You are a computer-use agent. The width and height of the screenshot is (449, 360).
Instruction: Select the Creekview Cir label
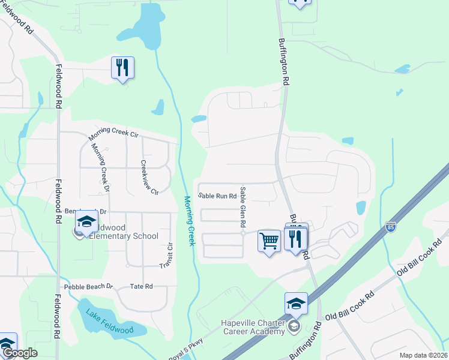click(x=149, y=177)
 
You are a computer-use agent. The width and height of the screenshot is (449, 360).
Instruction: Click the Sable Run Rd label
click(x=217, y=196)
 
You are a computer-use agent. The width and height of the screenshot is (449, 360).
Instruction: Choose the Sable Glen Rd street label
click(x=243, y=206)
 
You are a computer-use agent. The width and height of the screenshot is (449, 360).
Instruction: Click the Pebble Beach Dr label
click(x=92, y=287)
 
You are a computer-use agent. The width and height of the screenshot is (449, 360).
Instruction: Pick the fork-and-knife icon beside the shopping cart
click(x=295, y=239)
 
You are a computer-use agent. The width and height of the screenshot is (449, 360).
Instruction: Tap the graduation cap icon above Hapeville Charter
click(x=296, y=304)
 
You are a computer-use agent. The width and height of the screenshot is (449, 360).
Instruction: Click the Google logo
click(x=20, y=353)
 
